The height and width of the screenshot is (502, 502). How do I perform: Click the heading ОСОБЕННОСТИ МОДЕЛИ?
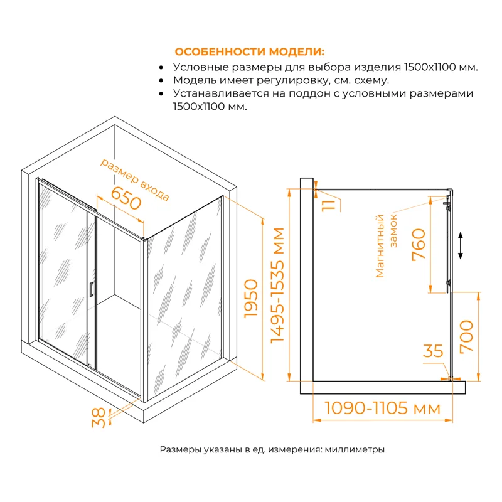250,51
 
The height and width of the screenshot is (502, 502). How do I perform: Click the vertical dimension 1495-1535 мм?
277,284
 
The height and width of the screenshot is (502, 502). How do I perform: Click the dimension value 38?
99,418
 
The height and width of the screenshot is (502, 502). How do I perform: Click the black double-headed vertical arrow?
461,245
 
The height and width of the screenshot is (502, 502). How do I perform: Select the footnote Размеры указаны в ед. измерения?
272,450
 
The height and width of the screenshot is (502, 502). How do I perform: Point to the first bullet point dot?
162,67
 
